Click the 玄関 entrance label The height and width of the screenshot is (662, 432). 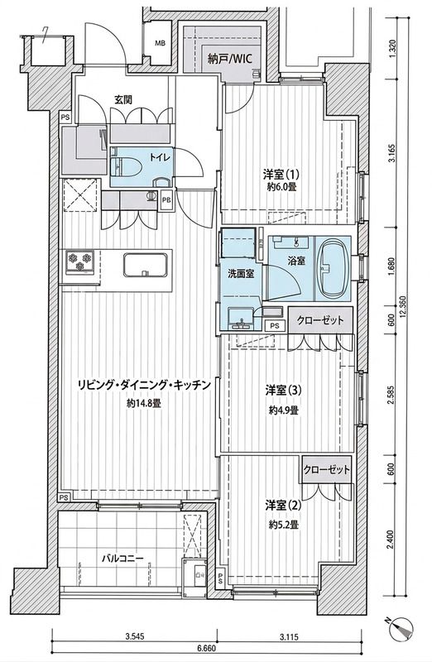123,100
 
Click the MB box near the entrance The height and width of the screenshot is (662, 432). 159,43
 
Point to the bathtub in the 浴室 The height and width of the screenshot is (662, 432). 334,271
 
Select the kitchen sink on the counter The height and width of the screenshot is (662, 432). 147,266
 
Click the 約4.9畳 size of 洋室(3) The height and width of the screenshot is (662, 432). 283,410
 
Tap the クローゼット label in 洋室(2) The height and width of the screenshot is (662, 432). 327,469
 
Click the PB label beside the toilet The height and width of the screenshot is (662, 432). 166,199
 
